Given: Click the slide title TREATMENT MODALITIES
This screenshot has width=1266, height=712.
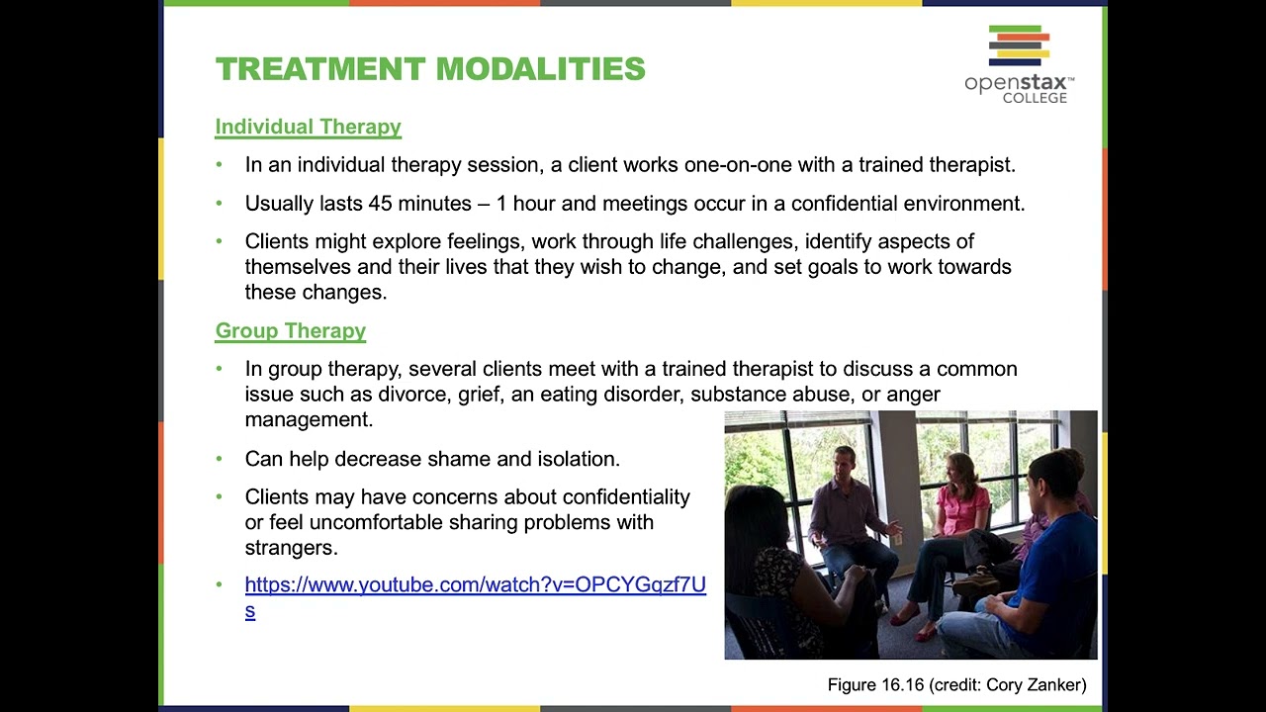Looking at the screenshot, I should pyautogui.click(x=430, y=69).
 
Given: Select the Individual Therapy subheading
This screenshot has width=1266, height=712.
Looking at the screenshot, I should pyautogui.click(x=308, y=127).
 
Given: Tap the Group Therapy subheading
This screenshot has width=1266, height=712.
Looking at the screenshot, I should pyautogui.click(x=290, y=330).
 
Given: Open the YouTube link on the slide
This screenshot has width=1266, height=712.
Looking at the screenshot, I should pyautogui.click(x=475, y=585).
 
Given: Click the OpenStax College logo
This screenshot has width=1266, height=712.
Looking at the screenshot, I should pyautogui.click(x=1019, y=64).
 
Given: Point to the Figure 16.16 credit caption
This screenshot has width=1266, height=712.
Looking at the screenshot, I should pyautogui.click(x=956, y=684).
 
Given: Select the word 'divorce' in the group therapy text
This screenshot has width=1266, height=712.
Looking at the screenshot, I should pyautogui.click(x=412, y=395).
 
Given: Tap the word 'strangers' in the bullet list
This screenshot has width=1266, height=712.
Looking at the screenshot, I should pyautogui.click(x=291, y=548).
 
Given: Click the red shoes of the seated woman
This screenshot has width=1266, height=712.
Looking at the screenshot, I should pyautogui.click(x=915, y=622).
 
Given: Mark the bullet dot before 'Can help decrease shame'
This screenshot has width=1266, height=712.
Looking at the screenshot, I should pyautogui.click(x=220, y=459).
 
